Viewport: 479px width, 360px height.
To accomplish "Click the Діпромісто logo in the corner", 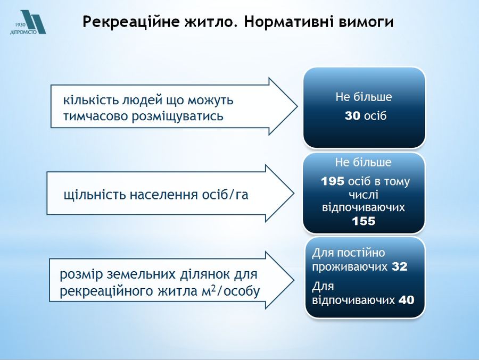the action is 28,22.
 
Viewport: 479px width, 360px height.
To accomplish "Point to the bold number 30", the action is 352,116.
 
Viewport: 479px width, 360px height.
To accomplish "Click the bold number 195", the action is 333,181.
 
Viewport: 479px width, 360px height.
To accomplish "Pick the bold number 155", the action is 364,221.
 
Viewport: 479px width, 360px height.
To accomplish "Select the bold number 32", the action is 400,266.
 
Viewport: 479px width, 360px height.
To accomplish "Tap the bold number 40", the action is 406,300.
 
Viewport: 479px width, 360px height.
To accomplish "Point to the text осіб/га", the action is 225,195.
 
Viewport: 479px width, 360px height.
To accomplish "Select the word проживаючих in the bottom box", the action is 350,267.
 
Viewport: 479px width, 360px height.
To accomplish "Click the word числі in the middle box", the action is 364,195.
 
